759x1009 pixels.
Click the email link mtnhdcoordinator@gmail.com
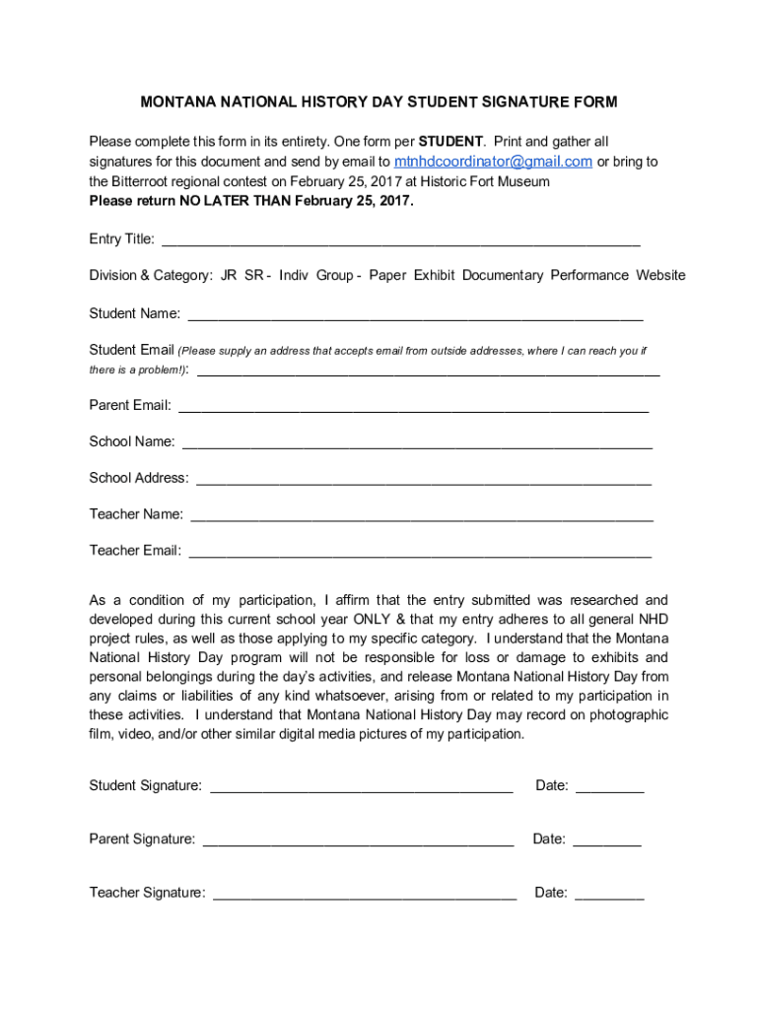pyautogui.click(x=493, y=162)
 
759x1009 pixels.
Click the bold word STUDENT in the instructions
pyautogui.click(x=450, y=142)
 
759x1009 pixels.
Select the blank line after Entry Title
pyautogui.click(x=400, y=240)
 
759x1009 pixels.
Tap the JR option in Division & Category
pyautogui.click(x=229, y=276)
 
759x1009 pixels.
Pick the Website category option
pyautogui.click(x=660, y=276)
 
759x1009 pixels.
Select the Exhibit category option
pyautogui.click(x=434, y=276)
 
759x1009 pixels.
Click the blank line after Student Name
pyautogui.click(x=415, y=315)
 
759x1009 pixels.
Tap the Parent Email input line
pyautogui.click(x=413, y=407)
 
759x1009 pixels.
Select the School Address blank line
pyautogui.click(x=424, y=480)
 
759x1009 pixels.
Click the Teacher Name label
pyautogui.click(x=136, y=514)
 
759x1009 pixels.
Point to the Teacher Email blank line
pyautogui.click(x=420, y=553)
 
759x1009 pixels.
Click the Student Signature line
pyautogui.click(x=362, y=787)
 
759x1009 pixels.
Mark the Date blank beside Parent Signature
pyautogui.click(x=607, y=841)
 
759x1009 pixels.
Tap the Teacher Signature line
pyautogui.click(x=365, y=895)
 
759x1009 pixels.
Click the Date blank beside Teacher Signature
pyautogui.click(x=609, y=895)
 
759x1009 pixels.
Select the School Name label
pyautogui.click(x=132, y=441)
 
